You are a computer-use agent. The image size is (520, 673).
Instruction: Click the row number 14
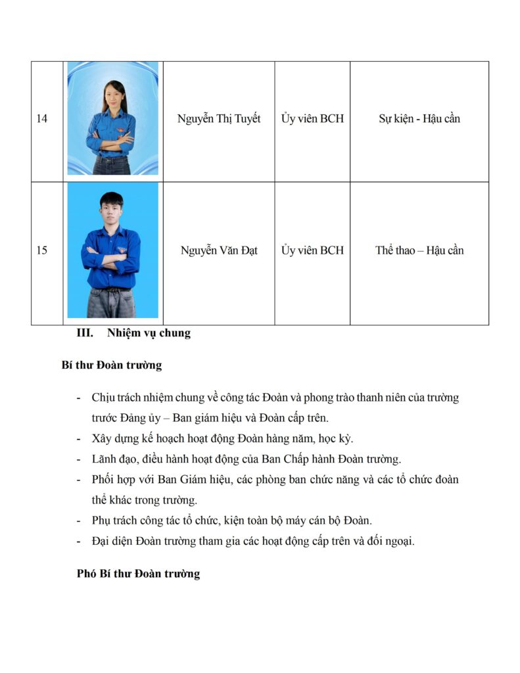pyautogui.click(x=42, y=119)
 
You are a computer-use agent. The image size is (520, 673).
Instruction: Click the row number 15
pyautogui.click(x=42, y=250)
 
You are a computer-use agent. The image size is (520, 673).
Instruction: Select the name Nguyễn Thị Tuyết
pyautogui.click(x=219, y=119)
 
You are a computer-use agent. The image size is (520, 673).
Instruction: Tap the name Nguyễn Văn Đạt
pyautogui.click(x=219, y=250)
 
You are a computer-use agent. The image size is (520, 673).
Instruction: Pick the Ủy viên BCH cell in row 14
pyautogui.click(x=312, y=119)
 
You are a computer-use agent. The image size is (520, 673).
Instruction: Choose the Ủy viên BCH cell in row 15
pyautogui.click(x=312, y=250)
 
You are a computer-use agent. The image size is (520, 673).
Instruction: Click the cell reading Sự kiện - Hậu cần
pyautogui.click(x=419, y=119)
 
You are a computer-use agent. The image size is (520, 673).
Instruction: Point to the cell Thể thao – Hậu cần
pyautogui.click(x=419, y=250)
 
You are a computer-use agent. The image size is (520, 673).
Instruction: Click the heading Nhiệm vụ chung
pyautogui.click(x=149, y=333)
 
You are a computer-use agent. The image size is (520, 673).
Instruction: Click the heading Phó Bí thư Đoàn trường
pyautogui.click(x=138, y=574)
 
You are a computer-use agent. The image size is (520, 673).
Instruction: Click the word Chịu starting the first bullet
pyautogui.click(x=104, y=398)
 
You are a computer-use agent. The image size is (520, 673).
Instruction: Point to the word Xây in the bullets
pyautogui.click(x=103, y=439)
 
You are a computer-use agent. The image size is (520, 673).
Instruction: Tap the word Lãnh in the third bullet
pyautogui.click(x=105, y=459)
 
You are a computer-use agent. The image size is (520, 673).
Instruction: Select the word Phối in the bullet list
pyautogui.click(x=104, y=480)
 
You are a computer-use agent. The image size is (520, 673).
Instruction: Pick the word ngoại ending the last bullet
pyautogui.click(x=398, y=542)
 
